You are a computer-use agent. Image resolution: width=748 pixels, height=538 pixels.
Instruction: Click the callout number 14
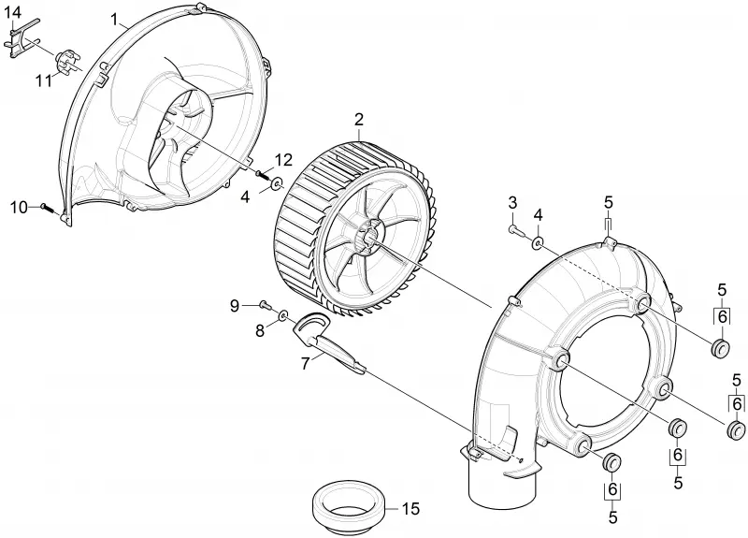tap(13, 12)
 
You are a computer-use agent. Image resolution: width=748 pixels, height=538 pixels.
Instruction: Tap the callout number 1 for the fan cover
tap(114, 19)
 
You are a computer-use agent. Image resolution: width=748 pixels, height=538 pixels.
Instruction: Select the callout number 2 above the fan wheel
tap(359, 120)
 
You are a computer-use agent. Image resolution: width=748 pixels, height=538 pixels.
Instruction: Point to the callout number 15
tap(410, 509)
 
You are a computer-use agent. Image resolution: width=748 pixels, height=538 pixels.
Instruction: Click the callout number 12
tap(283, 160)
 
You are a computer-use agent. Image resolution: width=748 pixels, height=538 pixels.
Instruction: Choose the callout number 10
tap(19, 208)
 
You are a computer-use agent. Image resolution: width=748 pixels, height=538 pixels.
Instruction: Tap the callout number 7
tap(306, 363)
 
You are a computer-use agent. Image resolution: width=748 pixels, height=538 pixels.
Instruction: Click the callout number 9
tap(235, 306)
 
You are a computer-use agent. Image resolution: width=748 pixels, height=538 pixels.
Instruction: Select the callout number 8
tap(260, 330)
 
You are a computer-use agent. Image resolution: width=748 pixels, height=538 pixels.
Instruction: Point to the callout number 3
tap(512, 202)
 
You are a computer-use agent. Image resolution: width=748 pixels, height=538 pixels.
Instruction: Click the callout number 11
tap(44, 80)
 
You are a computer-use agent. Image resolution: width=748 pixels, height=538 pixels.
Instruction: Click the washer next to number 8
tap(283, 315)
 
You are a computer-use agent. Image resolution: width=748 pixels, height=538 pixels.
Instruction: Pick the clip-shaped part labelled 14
tap(22, 38)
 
